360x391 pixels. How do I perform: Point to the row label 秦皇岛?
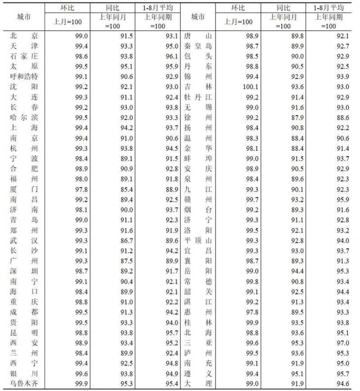click(x=198, y=46)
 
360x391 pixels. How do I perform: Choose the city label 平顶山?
click(x=198, y=240)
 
